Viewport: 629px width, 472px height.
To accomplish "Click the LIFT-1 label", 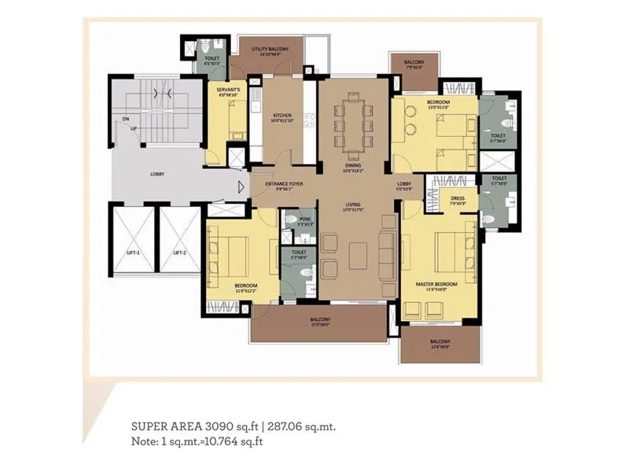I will click(134, 253).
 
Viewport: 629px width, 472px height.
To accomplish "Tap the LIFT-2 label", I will click(179, 253).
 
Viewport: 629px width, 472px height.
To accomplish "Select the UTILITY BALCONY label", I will click(270, 50).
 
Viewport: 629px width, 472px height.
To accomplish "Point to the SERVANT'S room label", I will click(228, 90).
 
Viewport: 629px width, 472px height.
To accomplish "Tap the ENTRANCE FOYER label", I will click(283, 184).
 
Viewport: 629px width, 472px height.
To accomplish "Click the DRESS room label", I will click(457, 199).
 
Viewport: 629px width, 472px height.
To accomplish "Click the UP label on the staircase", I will click(134, 128).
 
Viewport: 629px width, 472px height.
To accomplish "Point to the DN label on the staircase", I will click(124, 120).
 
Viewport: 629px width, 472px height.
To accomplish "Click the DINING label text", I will click(351, 166).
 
